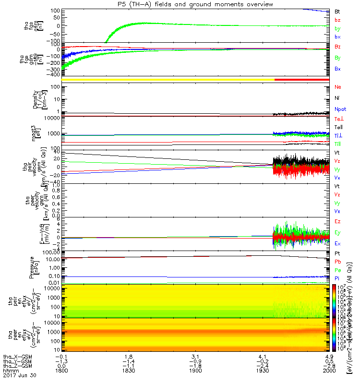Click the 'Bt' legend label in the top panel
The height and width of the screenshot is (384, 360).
pyautogui.click(x=337, y=11)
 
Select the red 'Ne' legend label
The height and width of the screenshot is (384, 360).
pyautogui.click(x=337, y=87)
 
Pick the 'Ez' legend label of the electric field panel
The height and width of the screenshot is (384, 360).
pyautogui.click(x=337, y=222)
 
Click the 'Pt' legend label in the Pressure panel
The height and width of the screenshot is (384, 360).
pyautogui.click(x=337, y=253)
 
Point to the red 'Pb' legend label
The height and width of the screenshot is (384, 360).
pyautogui.click(x=337, y=262)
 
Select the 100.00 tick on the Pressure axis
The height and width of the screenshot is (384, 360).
pyautogui.click(x=50, y=252)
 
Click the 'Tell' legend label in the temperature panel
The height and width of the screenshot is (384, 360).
pyautogui.click(x=337, y=127)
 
